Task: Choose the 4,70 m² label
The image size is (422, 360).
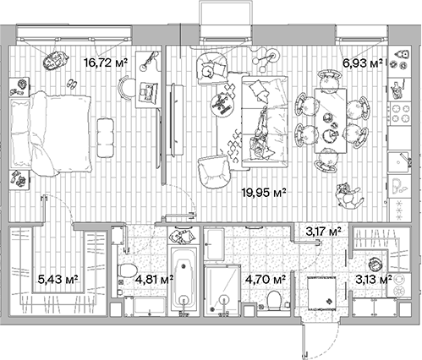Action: (265, 275)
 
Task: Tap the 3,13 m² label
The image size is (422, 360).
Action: (372, 277)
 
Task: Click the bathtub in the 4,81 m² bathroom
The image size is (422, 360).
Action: (184, 280)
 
